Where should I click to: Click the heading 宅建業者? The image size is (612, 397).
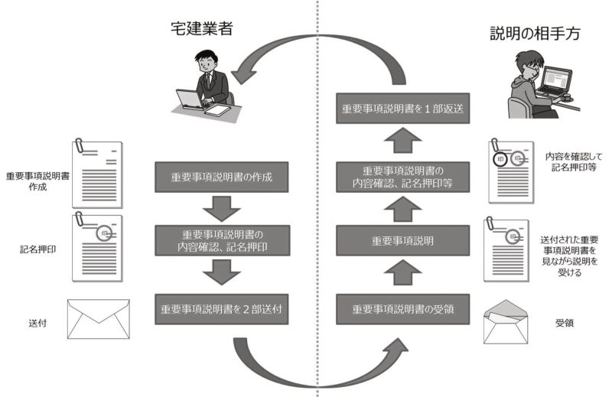pos(202,28)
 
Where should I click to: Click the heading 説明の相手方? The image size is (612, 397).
pos(535,34)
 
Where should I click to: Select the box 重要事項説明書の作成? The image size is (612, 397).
pos(222,177)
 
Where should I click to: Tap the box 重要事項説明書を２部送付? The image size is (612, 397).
pos(222,309)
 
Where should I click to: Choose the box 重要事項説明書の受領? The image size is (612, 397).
pos(403,309)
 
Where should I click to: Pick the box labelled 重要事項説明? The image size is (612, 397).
pos(403,240)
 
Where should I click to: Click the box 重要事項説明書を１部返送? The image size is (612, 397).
pos(403,108)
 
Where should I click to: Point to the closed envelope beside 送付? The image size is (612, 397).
pos(99,319)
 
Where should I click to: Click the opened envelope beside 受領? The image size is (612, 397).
pos(506,322)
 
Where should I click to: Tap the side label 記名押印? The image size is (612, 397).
pos(37,249)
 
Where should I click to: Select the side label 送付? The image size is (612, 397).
pos(37,324)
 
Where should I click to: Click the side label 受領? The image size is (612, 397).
pos(565,323)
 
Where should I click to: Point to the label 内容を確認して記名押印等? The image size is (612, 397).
pos(574,162)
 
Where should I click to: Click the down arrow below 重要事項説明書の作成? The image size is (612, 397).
pos(222,209)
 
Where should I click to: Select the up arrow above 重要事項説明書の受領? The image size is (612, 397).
pos(403,272)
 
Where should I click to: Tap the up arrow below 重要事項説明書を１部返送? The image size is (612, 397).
pos(403,140)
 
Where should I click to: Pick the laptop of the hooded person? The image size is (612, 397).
pos(553,83)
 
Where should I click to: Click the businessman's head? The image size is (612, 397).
pos(206,62)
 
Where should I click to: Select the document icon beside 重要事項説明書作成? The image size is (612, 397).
pos(98,174)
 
